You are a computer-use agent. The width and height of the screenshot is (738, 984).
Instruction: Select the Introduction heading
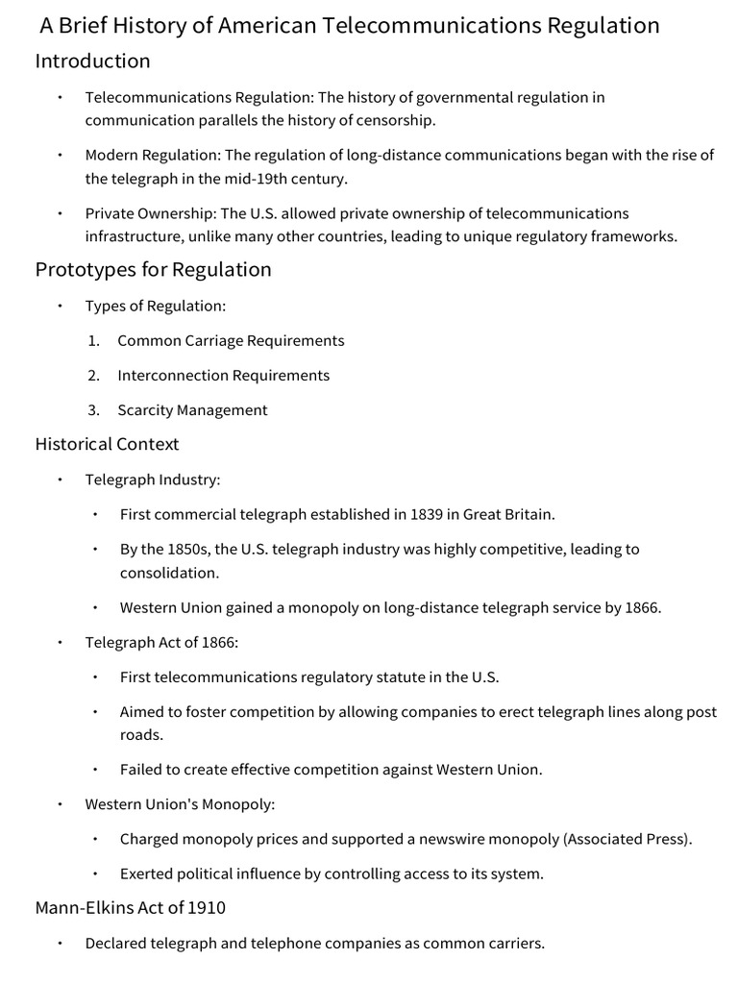pyautogui.click(x=93, y=61)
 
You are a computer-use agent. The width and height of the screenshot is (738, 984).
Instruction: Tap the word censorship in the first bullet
pyautogui.click(x=396, y=120)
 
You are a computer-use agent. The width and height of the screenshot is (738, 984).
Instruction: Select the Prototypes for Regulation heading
pyautogui.click(x=154, y=270)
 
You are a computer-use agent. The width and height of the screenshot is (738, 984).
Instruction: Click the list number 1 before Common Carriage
pyautogui.click(x=93, y=341)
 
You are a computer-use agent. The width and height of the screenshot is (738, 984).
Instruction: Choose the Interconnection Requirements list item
pyautogui.click(x=223, y=376)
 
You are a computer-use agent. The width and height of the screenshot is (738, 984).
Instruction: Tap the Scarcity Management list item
pyautogui.click(x=192, y=410)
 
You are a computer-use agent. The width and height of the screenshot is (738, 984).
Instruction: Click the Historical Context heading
pyautogui.click(x=108, y=444)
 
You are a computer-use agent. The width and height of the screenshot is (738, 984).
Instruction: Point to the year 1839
pyautogui.click(x=427, y=514)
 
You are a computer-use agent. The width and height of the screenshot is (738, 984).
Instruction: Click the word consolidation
pyautogui.click(x=168, y=573)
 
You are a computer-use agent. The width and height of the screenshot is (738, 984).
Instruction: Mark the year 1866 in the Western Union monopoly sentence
pyautogui.click(x=641, y=608)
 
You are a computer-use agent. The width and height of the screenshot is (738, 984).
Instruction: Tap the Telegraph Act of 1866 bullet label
pyautogui.click(x=160, y=643)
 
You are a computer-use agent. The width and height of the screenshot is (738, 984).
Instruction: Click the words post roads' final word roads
pyautogui.click(x=140, y=735)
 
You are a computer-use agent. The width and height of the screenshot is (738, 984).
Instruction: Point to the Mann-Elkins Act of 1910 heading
pyautogui.click(x=131, y=907)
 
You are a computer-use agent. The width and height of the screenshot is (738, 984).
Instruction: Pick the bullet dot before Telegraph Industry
pyautogui.click(x=60, y=480)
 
